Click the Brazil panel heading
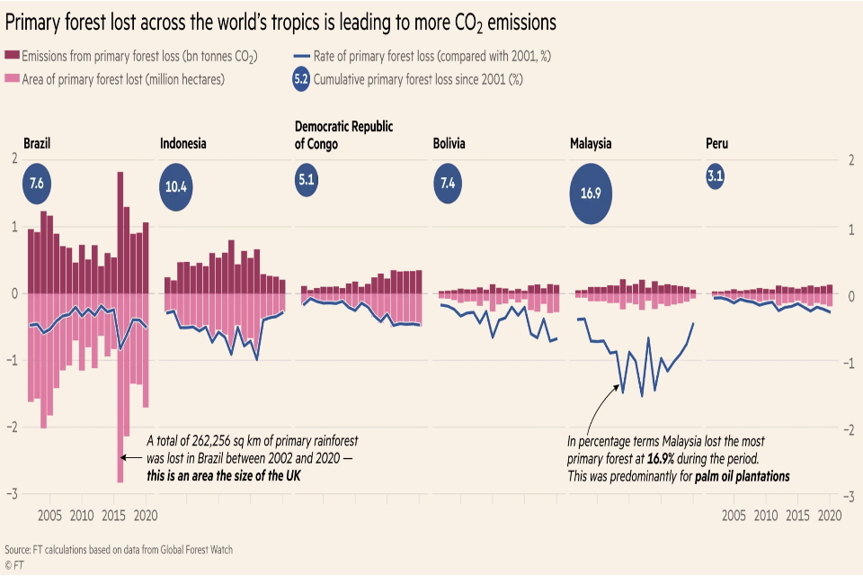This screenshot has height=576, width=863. click(x=38, y=143)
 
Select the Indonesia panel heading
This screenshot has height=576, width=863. click(x=183, y=143)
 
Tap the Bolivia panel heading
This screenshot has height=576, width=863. click(x=449, y=143)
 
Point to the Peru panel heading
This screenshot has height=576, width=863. click(x=717, y=143)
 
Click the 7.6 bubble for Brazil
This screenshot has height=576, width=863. click(x=37, y=183)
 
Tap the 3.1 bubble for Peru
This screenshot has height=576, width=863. click(x=716, y=176)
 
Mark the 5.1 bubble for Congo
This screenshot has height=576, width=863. click(x=307, y=180)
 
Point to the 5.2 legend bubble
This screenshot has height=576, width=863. click(x=301, y=79)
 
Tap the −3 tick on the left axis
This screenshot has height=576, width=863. click(x=13, y=495)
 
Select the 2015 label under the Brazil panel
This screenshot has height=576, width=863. click(x=114, y=516)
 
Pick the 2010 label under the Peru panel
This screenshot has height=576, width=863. click(x=766, y=516)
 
